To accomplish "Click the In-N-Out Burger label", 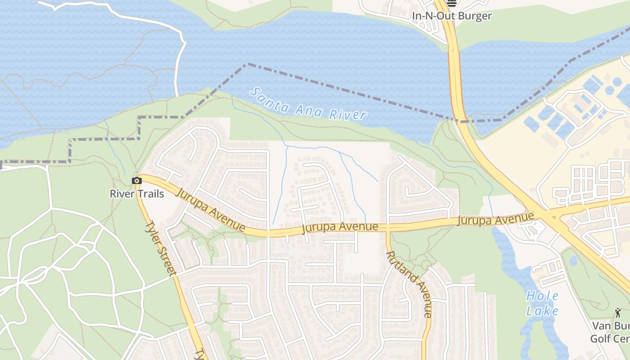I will pyautogui.click(x=452, y=16).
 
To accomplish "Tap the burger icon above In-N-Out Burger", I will pyautogui.click(x=452, y=3).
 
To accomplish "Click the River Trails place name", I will pyautogui.click(x=137, y=194).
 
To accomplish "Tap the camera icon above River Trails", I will pyautogui.click(x=137, y=181).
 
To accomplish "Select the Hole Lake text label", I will pyautogui.click(x=542, y=303).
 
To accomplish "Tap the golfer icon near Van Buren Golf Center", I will pyautogui.click(x=618, y=313).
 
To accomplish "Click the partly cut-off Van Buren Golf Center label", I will pyautogui.click(x=610, y=332).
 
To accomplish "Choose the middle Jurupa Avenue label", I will pyautogui.click(x=340, y=227).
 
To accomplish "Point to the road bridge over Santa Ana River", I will pyautogui.click(x=454, y=76).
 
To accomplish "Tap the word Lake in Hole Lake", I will pyautogui.click(x=543, y=310).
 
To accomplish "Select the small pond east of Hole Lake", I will pyautogui.click(x=573, y=261).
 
